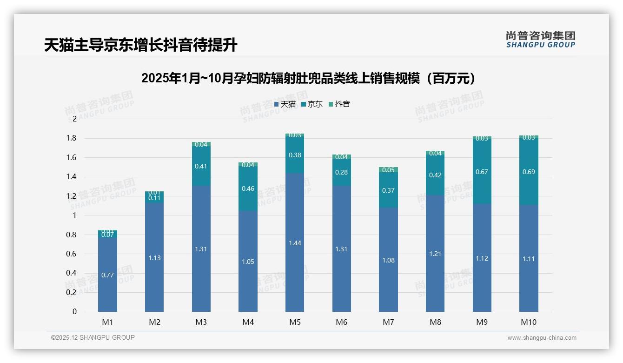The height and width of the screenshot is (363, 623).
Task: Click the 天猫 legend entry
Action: coord(285,104)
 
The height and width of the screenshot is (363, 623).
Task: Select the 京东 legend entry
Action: coord(312,104)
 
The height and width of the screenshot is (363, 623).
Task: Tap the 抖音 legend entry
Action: coord(339,104)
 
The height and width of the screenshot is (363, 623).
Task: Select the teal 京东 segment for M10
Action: coord(529,172)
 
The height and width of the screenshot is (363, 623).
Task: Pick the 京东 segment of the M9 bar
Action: coord(482,172)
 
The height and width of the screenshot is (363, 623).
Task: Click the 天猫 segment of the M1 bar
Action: coord(107,275)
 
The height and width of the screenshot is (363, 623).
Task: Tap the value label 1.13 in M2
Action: coord(154,258)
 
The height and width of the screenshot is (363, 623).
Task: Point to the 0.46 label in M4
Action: coord(248,189)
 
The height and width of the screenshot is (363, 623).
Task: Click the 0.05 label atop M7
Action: coord(388,170)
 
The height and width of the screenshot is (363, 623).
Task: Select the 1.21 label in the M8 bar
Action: coord(435,254)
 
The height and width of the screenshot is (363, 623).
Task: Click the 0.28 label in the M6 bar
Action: coord(341,172)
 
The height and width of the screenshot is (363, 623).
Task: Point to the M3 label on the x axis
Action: coord(201,322)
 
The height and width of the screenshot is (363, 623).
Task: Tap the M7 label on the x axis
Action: coord(388,322)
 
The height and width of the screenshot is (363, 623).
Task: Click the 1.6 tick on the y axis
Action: coord(71,157)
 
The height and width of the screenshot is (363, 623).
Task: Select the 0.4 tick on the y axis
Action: coord(71,273)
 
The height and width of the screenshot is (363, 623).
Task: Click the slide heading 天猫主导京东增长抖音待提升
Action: coord(140,45)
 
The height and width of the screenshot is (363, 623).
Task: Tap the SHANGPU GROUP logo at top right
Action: coord(540,40)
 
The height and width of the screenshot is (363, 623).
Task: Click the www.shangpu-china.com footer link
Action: coord(542,338)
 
